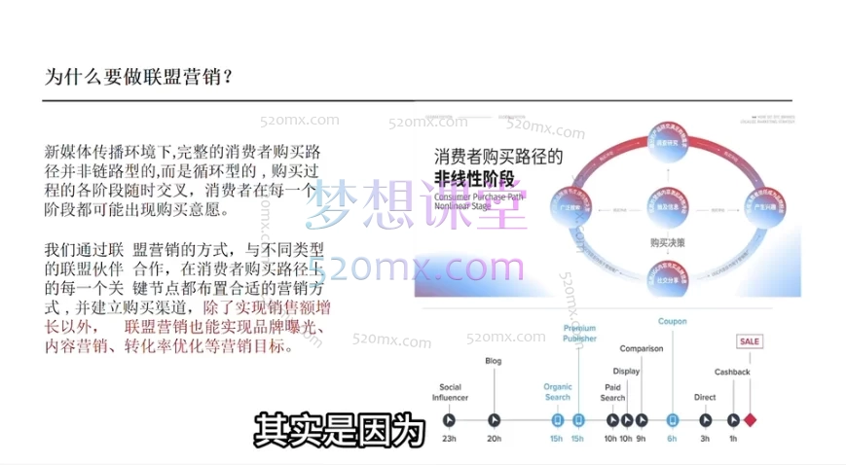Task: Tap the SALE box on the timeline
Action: pyautogui.click(x=750, y=341)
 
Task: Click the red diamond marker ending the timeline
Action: pyautogui.click(x=750, y=420)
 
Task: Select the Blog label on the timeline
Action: pyautogui.click(x=494, y=361)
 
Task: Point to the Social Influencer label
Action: pyautogui.click(x=450, y=392)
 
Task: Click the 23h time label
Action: pyautogui.click(x=449, y=439)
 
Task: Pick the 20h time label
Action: pyautogui.click(x=495, y=439)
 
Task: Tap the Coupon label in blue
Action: pyautogui.click(x=672, y=321)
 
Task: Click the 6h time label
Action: pyautogui.click(x=672, y=439)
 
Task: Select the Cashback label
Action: pyautogui.click(x=732, y=373)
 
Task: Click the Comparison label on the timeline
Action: pyautogui.click(x=641, y=348)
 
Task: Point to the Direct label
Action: pyautogui.click(x=705, y=397)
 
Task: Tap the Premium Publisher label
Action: pyautogui.click(x=579, y=334)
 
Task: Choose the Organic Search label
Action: pyautogui.click(x=558, y=392)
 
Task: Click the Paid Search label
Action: pyautogui.click(x=612, y=392)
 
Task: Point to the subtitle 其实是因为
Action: pyautogui.click(x=341, y=430)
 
